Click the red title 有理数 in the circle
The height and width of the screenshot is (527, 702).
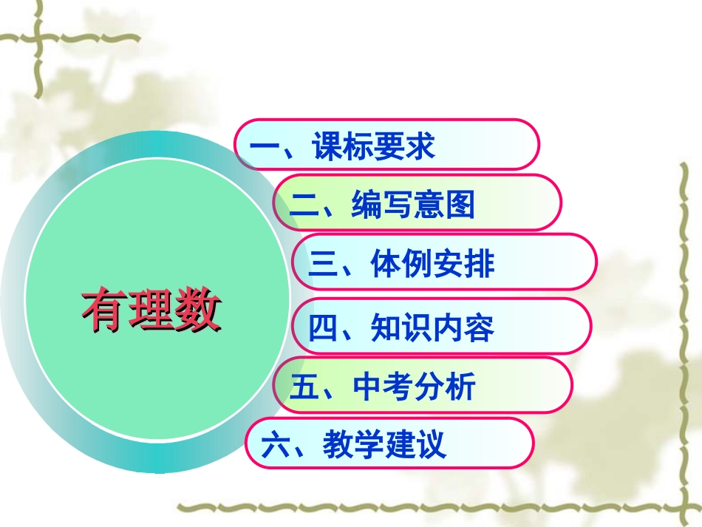point(151,311)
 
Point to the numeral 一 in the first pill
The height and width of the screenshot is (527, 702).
point(263,147)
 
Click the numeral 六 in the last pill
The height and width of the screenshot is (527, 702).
point(275,445)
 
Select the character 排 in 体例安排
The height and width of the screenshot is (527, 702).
point(480,264)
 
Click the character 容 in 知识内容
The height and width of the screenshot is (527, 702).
point(480,328)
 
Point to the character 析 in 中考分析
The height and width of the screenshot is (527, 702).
point(463,386)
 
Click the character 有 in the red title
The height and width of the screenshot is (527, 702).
point(103,311)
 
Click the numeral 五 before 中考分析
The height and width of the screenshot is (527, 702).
point(303,387)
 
